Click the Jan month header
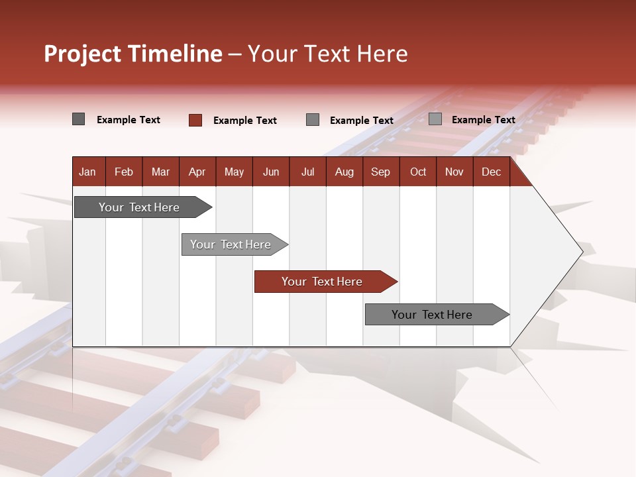coord(87,172)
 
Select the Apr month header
coord(197,172)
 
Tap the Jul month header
coord(307,172)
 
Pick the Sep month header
coord(380,172)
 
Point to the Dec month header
coord(491,172)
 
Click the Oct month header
coord(417,172)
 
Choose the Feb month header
coord(124,172)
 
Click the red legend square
coord(195,120)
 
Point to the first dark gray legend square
coord(78,119)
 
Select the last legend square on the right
coord(435,119)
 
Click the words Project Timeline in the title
coord(132,54)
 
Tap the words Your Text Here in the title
coord(327,54)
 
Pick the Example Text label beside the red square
coord(244,121)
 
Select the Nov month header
coord(454,172)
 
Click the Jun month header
coord(270,172)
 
